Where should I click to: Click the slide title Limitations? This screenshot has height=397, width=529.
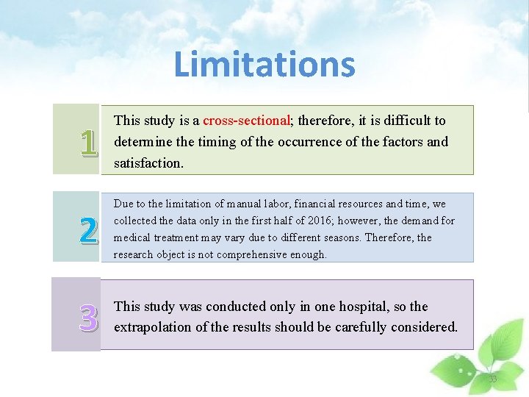[x=264, y=64]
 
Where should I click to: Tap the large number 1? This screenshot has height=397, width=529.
[x=88, y=143]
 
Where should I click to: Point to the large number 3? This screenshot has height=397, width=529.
[x=88, y=317]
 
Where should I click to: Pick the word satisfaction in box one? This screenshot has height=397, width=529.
[x=148, y=162]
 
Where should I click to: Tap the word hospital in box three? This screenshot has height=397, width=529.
[x=361, y=307]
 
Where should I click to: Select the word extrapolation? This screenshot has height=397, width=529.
[x=152, y=327]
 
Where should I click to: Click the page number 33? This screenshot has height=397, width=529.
[x=493, y=379]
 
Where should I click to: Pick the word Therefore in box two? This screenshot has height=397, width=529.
[x=389, y=237]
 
